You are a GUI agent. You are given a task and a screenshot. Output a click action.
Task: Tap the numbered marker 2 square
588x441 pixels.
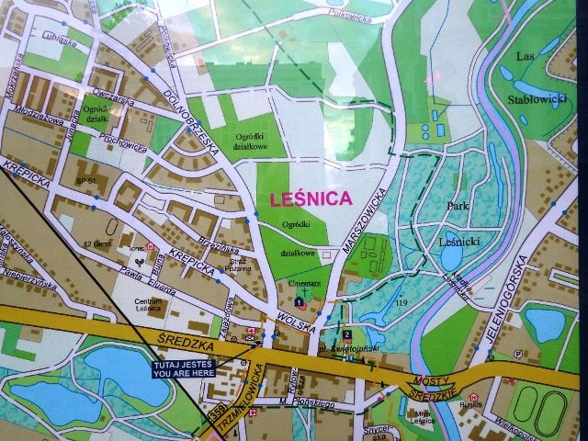coord(346,334)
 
